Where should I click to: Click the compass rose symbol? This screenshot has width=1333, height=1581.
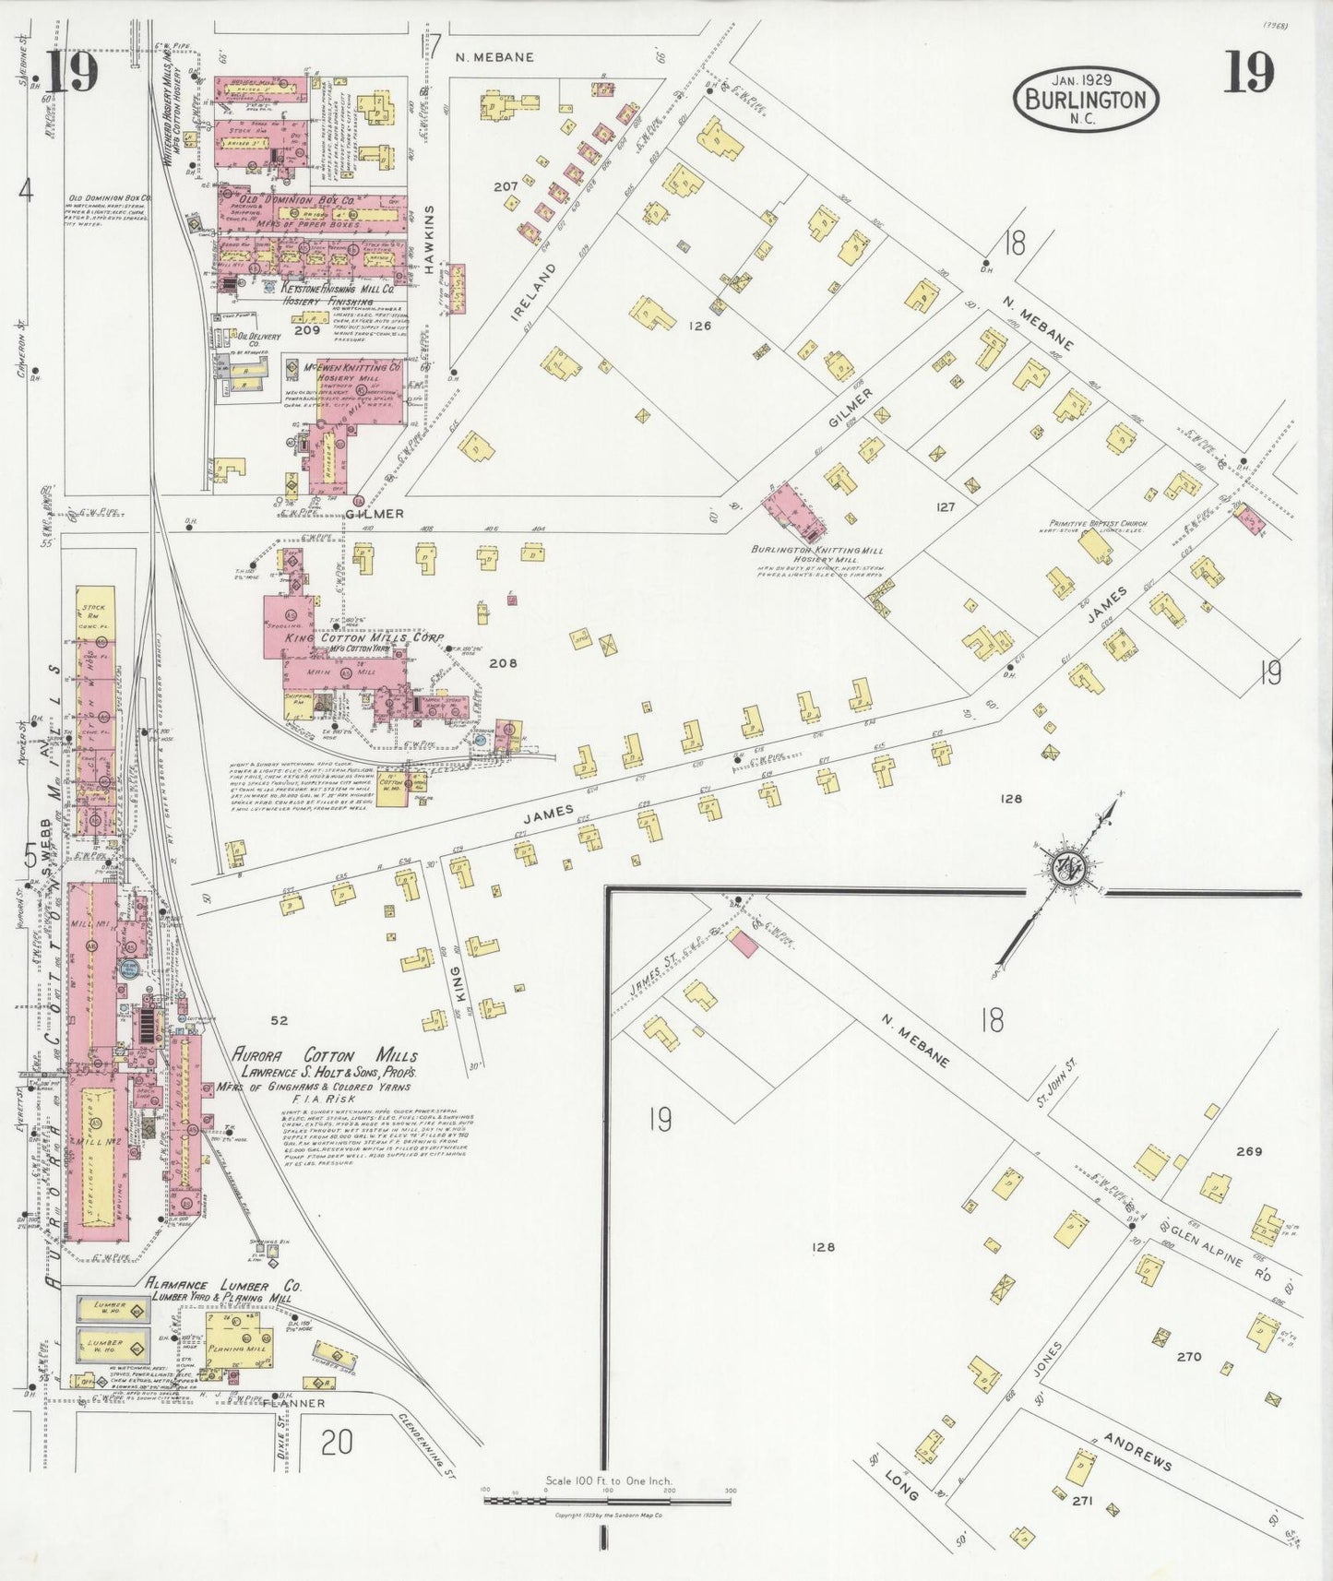1069,869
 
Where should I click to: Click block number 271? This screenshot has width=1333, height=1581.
1082,1501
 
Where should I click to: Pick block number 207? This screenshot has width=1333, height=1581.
505,186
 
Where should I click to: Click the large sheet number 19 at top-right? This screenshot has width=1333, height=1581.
1248,74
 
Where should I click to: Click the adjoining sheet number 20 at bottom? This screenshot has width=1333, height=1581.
337,1441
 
